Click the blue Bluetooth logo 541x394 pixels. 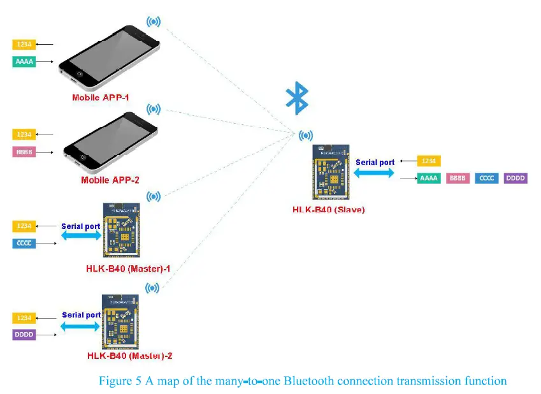pos(297,97)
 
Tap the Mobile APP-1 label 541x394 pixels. pos(101,98)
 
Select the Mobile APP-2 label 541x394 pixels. pos(110,180)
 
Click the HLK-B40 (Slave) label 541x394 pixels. pos(328,209)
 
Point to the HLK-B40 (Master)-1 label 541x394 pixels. pos(127,268)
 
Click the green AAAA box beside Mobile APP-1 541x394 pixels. pos(24,62)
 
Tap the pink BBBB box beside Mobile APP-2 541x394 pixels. pos(24,152)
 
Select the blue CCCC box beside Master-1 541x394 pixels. pos(24,244)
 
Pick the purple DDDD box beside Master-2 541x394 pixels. pos(24,334)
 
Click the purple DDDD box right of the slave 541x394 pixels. pos(515,178)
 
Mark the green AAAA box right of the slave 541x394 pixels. pos(429,178)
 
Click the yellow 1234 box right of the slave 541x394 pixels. pos(429,161)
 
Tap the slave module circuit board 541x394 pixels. pos(329,173)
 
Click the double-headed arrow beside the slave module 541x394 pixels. pos(375,173)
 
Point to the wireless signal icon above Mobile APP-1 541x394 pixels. pos(154,21)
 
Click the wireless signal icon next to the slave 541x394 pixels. pos(306,135)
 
